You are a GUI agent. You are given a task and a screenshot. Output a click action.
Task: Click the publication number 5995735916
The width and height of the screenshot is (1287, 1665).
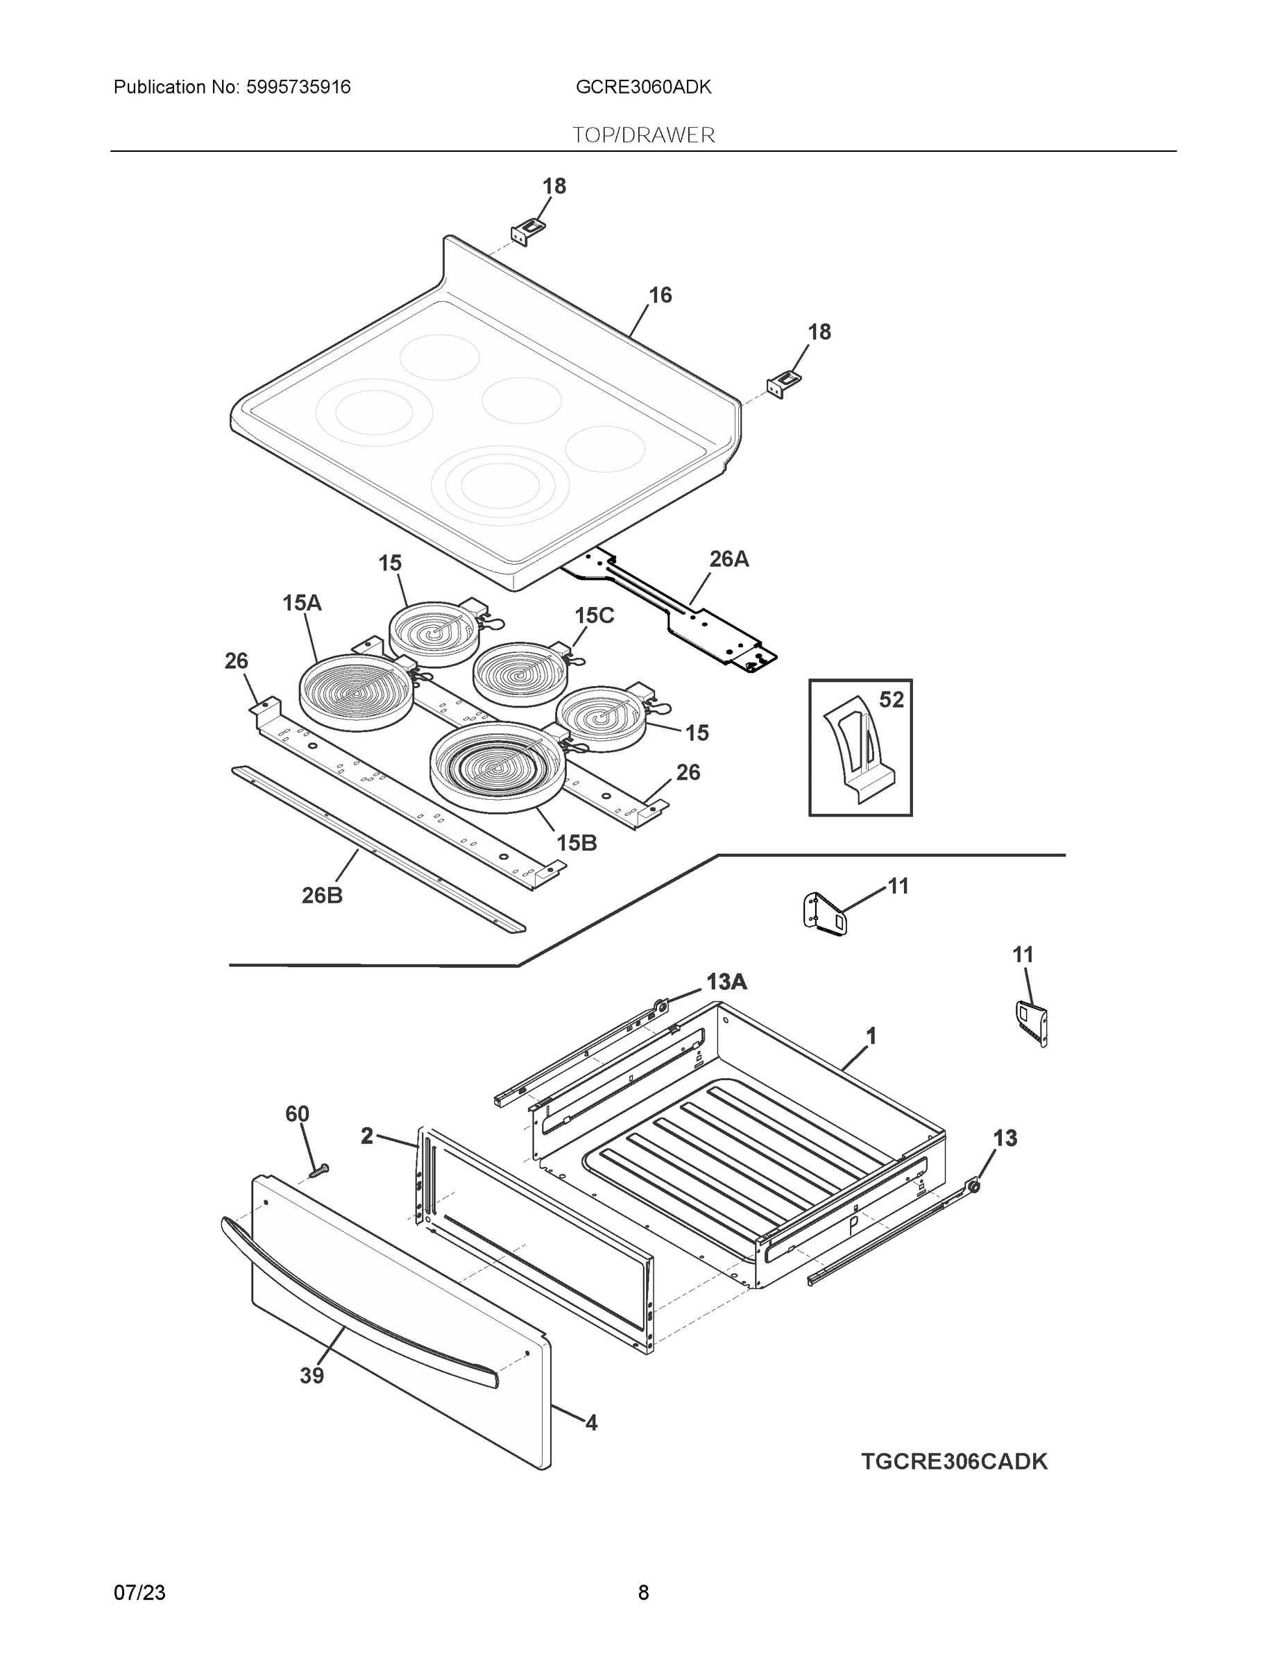298,87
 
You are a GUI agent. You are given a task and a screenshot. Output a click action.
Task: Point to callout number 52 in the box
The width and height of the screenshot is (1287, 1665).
891,699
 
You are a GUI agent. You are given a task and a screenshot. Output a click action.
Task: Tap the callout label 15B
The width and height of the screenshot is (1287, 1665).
577,843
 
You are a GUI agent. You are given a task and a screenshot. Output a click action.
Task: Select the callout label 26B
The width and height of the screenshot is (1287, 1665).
322,896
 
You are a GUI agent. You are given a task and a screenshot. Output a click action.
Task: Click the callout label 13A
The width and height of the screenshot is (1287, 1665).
726,982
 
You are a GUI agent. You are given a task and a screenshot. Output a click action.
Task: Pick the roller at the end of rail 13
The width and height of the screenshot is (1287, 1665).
973,1186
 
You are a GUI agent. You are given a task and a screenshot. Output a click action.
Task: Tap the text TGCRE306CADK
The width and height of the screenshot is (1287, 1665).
954,1462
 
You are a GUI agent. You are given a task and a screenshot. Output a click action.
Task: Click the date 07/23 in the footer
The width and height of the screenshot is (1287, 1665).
139,1593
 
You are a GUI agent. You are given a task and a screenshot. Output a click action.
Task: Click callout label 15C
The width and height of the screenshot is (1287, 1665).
594,615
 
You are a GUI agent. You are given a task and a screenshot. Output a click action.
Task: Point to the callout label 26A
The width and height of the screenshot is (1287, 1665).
729,560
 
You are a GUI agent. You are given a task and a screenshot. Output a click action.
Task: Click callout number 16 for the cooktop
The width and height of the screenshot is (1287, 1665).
660,295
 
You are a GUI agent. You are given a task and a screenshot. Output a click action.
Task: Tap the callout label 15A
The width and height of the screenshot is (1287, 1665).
302,603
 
